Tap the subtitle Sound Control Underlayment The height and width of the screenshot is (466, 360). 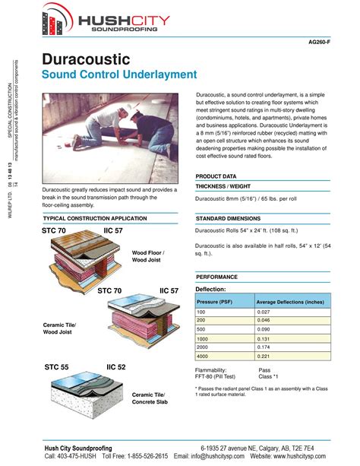pyautogui.click(x=119, y=74)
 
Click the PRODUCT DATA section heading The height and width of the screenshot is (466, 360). pyautogui.click(x=217, y=176)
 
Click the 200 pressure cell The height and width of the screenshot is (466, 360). pyautogui.click(x=202, y=320)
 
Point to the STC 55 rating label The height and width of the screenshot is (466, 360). pyautogui.click(x=56, y=367)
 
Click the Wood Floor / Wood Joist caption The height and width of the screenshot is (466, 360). pyautogui.click(x=148, y=256)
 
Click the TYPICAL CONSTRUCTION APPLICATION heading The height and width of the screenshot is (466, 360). pyautogui.click(x=95, y=217)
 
